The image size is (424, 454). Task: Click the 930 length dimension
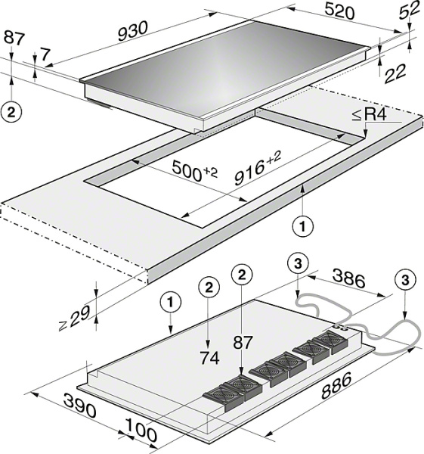pyautogui.click(x=133, y=31)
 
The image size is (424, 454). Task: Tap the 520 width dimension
pyautogui.click(x=339, y=12)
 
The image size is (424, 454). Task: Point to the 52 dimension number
pyautogui.click(x=409, y=10)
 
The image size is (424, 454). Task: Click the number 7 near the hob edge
pyautogui.click(x=45, y=55)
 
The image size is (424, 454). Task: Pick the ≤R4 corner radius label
pyautogui.click(x=369, y=115)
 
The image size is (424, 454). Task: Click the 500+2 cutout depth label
pyautogui.click(x=194, y=171)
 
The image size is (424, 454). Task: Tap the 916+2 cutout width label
pyautogui.click(x=258, y=169)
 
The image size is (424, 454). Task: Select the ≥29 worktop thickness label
pyautogui.click(x=73, y=319)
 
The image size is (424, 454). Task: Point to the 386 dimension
pyautogui.click(x=348, y=278)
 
